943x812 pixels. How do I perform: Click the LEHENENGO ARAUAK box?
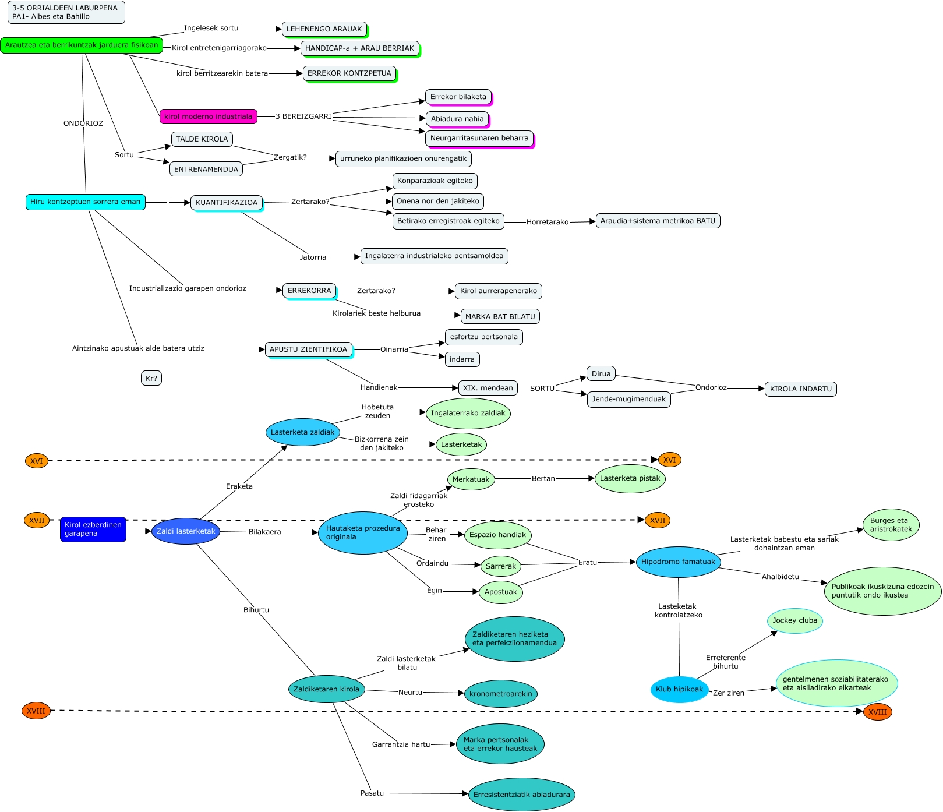[x=324, y=29]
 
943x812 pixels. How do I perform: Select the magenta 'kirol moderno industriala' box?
[x=208, y=116]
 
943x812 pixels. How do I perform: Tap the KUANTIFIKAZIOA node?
[x=226, y=203]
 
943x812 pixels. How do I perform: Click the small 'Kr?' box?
[x=151, y=379]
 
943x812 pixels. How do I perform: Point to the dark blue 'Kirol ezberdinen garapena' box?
[x=93, y=529]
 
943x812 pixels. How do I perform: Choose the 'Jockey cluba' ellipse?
[x=794, y=621]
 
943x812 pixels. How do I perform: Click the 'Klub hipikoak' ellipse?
[x=679, y=689]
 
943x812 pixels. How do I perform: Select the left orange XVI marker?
[x=37, y=461]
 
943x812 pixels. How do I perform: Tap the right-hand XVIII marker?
[x=877, y=712]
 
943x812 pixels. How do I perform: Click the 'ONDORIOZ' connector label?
[x=83, y=123]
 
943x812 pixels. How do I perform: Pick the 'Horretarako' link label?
[x=547, y=222]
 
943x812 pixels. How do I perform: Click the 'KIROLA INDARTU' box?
[x=800, y=389]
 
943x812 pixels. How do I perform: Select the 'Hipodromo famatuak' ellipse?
[x=678, y=562]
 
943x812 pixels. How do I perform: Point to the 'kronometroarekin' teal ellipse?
[x=500, y=694]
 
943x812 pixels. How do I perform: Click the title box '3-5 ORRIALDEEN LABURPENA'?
[x=66, y=12]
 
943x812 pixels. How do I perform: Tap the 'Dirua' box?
[x=601, y=374]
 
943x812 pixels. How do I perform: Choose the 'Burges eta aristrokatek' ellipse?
[x=891, y=525]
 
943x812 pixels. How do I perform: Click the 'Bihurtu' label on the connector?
[x=256, y=610]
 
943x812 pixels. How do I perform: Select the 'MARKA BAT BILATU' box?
[x=500, y=317]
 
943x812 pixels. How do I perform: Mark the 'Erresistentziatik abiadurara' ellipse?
[x=521, y=795]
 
